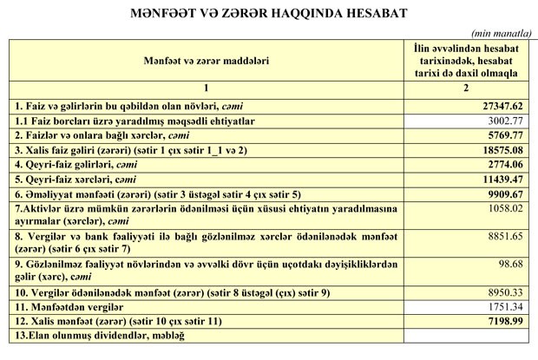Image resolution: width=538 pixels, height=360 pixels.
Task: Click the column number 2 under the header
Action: point(467,88)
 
